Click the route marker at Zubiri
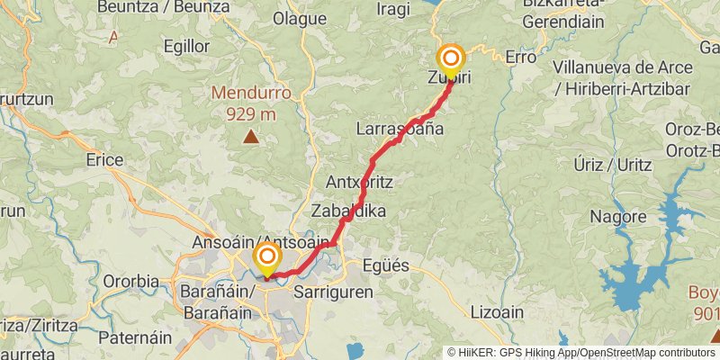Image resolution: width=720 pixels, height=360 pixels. (450, 60)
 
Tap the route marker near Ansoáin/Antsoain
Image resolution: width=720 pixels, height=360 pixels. (267, 258)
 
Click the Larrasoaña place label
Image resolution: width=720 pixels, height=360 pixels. (400, 129)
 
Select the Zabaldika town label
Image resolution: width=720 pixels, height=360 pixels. (348, 211)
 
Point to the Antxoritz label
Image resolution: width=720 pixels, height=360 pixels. (359, 182)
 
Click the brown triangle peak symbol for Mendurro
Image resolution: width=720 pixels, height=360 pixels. (250, 137)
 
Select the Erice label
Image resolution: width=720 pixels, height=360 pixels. (104, 159)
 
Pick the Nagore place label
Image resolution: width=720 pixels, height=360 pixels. (618, 217)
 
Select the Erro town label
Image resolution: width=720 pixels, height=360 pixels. (520, 57)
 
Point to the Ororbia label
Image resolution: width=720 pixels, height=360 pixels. (130, 281)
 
